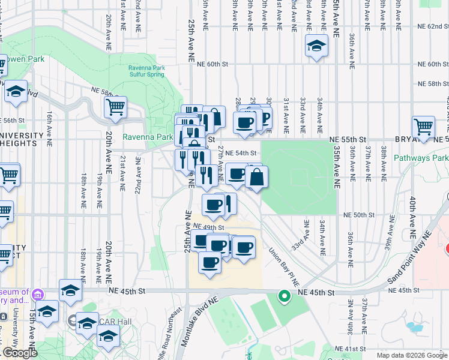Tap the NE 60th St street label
pos(212,64)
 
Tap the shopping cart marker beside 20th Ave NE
pos(115,107)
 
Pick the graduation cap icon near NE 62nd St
pos(316,46)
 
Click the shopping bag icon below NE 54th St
pos(256,177)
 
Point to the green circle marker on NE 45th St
pos(285,296)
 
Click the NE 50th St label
pos(358,215)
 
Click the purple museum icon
pos(38,295)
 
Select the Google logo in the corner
pos(20,353)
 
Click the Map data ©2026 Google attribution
pos(412,355)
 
